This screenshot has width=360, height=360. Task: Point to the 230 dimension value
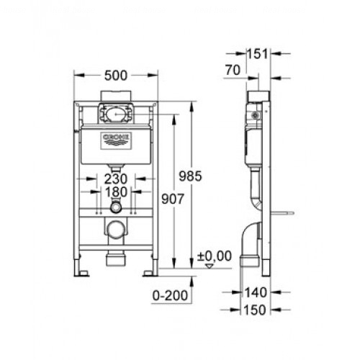(x=116, y=179)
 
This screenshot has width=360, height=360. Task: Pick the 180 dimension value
(x=116, y=192)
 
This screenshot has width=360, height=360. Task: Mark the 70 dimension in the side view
(x=231, y=71)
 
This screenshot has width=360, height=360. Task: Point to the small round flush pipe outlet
(x=116, y=209)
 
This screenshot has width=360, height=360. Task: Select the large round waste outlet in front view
(x=116, y=230)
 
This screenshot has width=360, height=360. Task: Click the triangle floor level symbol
(x=210, y=265)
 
